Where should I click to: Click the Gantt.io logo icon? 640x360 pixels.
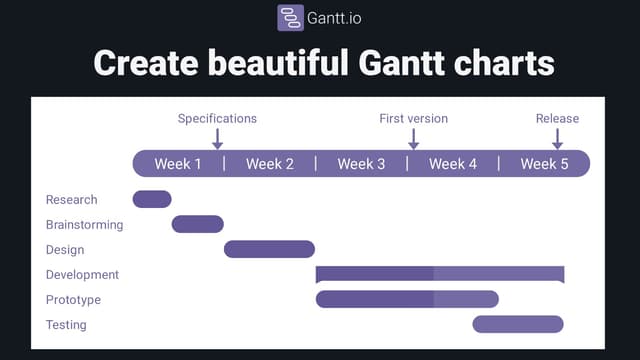click(291, 18)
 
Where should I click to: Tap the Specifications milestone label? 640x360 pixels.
click(217, 118)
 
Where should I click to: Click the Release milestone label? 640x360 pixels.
click(557, 118)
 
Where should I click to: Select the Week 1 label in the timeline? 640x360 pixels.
click(178, 164)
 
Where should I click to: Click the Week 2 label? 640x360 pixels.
click(270, 164)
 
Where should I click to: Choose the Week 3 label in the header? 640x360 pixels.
click(361, 164)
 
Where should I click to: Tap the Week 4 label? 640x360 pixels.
click(453, 164)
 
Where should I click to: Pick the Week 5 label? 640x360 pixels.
click(544, 164)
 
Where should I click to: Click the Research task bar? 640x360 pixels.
click(152, 199)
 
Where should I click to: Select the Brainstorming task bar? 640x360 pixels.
click(197, 224)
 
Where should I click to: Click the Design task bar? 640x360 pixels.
click(269, 249)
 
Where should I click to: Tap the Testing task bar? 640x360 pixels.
click(518, 324)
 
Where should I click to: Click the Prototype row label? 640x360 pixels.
click(74, 300)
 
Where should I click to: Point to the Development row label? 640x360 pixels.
click(82, 275)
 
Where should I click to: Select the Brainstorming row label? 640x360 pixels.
click(84, 225)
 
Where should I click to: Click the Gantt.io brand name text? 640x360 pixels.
click(335, 18)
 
